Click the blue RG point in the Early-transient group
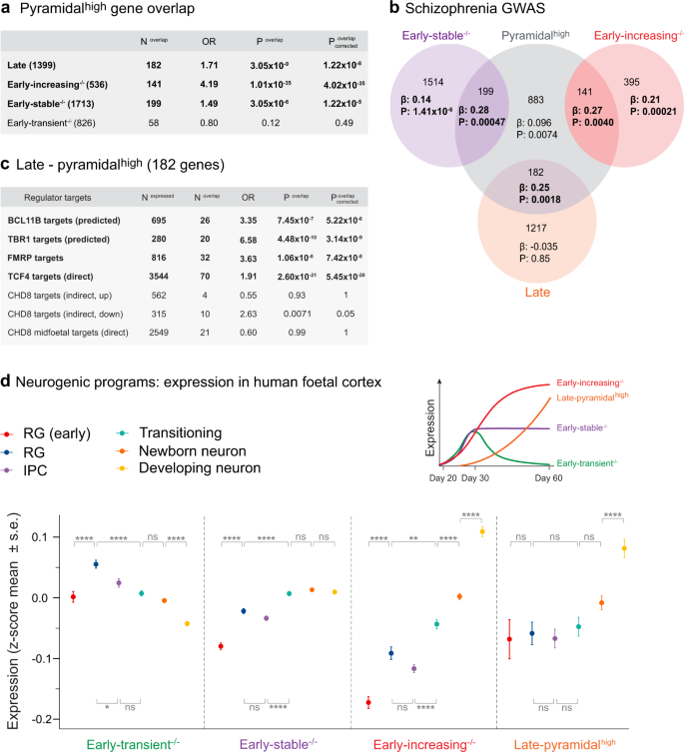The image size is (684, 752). [96, 564]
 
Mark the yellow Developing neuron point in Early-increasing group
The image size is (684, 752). [483, 531]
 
